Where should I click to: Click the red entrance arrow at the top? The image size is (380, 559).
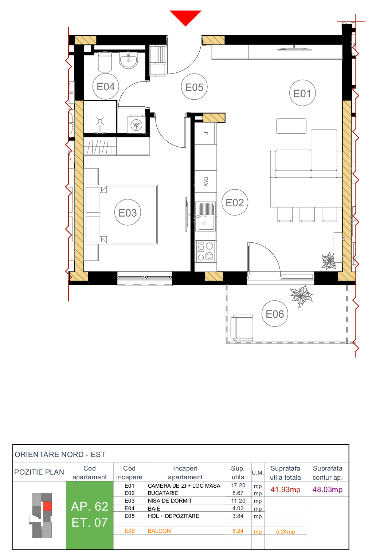(x=185, y=17)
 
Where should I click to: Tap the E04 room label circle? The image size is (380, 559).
(x=106, y=87)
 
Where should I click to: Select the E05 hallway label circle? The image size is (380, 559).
(x=194, y=87)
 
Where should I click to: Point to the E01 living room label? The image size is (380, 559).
(x=302, y=94)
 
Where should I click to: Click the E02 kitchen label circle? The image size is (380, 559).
(x=235, y=203)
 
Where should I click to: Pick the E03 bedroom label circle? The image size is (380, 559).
(x=128, y=213)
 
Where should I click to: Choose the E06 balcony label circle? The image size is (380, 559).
(x=275, y=314)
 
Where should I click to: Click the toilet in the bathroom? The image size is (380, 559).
(x=105, y=62)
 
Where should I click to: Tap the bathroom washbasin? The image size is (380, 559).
(x=129, y=60)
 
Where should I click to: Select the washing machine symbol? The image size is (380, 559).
(x=136, y=125)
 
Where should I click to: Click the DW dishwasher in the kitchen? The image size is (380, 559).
(x=205, y=181)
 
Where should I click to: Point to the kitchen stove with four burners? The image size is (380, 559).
(x=205, y=251)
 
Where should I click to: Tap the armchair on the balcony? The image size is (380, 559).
(x=242, y=328)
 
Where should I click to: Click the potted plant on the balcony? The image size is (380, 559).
(x=301, y=296)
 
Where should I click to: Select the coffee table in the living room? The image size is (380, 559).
(x=291, y=126)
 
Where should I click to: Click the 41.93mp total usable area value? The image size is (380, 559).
(x=285, y=489)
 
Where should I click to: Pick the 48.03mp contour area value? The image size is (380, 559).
(x=327, y=489)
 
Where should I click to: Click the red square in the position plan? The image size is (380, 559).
(x=47, y=506)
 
